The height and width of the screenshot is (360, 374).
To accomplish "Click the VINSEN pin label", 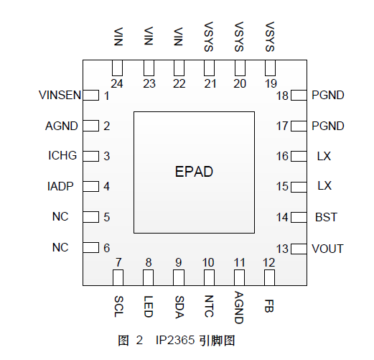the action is tap(60, 95).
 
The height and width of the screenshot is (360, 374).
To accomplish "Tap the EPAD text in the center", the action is tap(194, 172).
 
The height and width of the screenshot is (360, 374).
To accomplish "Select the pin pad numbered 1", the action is tap(91, 96).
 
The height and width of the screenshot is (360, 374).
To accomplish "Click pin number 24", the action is tap(117, 83).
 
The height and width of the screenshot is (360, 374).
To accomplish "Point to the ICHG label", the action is tap(62, 155).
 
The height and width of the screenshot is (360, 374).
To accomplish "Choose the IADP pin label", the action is tap(60, 186).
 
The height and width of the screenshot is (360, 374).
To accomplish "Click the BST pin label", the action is tap(326, 217).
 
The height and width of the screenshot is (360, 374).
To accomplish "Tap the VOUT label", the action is tap(327, 249).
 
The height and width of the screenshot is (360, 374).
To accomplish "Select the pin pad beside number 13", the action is tap(299, 249).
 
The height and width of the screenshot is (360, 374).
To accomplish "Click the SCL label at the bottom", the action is tap(118, 307).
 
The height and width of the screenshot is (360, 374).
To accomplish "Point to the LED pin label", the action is tap(149, 307).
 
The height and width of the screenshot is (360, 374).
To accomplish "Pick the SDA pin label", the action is tap(179, 307).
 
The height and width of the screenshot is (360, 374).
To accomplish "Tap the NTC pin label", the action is tap(209, 306).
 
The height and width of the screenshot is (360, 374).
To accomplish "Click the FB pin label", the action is tap(269, 306).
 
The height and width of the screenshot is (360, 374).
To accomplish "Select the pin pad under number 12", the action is tap(269, 277).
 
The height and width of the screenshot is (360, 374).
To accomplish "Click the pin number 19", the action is tap(271, 83).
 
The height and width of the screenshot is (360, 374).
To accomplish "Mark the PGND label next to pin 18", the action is tap(328, 95).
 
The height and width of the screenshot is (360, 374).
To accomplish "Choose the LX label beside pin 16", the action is tap(324, 156).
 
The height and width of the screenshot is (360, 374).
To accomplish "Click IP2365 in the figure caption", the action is tap(175, 340).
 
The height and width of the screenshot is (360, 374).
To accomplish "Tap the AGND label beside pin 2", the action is tap(62, 126).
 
